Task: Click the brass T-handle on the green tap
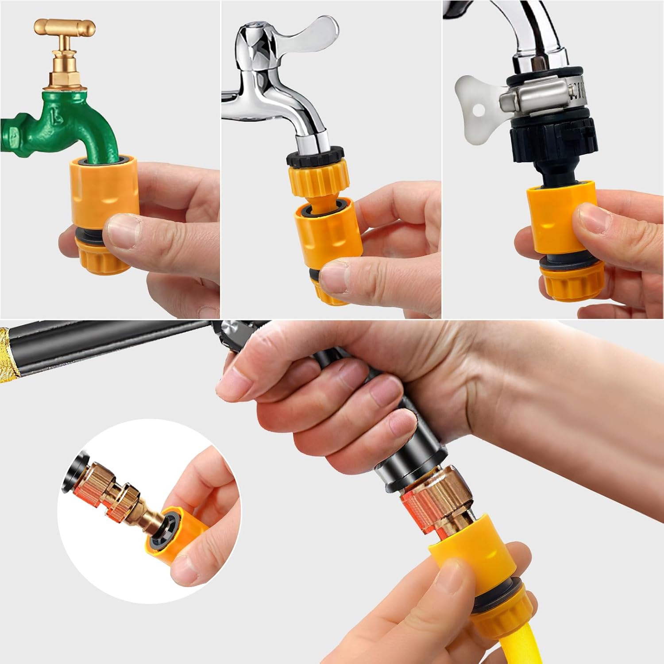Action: [x=65, y=28]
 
